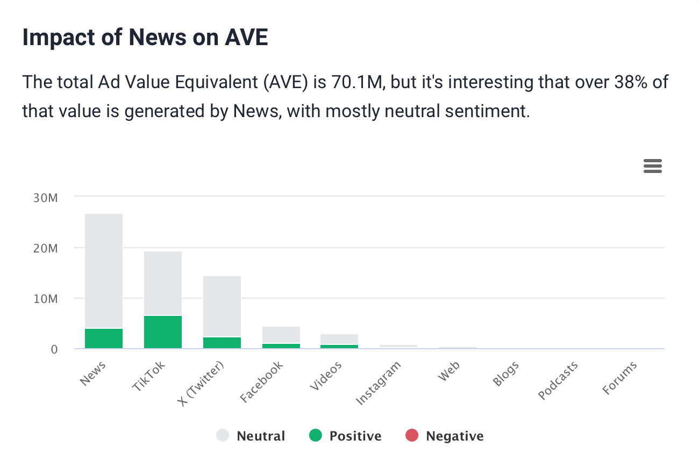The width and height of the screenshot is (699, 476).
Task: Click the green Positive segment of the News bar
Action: pos(104,338)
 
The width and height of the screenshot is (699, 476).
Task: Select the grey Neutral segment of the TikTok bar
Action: pos(163,283)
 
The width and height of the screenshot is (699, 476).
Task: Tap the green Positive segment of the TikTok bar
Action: pos(163,331)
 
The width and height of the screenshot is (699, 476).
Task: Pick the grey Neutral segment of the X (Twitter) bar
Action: pos(222,306)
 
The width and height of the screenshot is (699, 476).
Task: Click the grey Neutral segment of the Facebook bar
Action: pos(281,335)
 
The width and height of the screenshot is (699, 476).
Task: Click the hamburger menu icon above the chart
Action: pos(652,167)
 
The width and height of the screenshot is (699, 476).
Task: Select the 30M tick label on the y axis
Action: pos(45,198)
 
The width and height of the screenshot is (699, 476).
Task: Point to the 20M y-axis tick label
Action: pos(45,248)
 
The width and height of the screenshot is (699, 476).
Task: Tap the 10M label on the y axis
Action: pos(45,299)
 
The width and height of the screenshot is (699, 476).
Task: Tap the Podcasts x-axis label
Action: pos(559,380)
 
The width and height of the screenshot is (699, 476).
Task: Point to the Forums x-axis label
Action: pos(620,378)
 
